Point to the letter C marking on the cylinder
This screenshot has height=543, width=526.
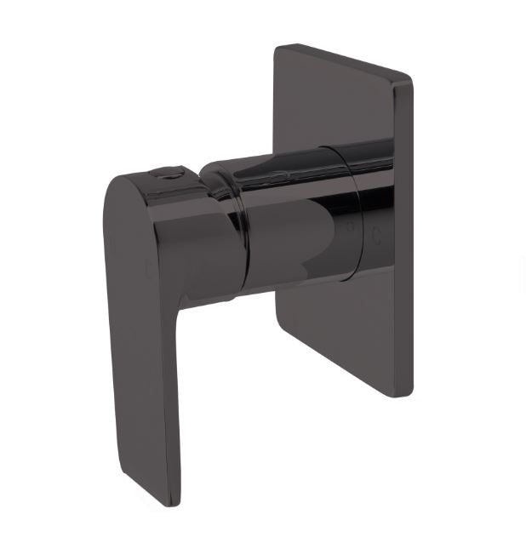pos(375,237)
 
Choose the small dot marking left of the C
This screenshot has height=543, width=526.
pos(349,227)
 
